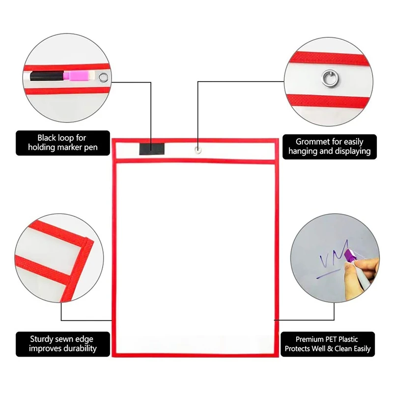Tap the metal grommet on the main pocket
pyautogui.click(x=197, y=148)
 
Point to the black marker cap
pyautogui.click(x=44, y=77)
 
